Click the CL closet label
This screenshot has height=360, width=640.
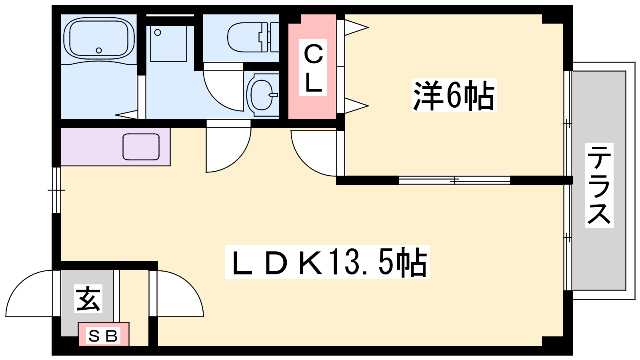pyautogui.click(x=313, y=68)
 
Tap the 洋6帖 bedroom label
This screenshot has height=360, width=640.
pyautogui.click(x=454, y=96)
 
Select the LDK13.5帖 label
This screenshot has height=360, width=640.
pyautogui.click(x=327, y=262)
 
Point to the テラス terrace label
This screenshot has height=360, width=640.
pyautogui.click(x=599, y=185)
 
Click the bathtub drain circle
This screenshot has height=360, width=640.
pyautogui.click(x=99, y=50)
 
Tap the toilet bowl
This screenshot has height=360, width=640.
pyautogui.click(x=248, y=38)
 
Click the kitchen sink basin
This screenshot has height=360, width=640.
pyautogui.click(x=141, y=147)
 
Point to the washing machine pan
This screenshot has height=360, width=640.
pyautogui.click(x=168, y=44)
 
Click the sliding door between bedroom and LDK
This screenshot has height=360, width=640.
pyautogui.click(x=454, y=180)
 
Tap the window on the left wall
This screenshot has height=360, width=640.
pyautogui.click(x=56, y=190)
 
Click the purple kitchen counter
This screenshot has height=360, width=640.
pyautogui.click(x=116, y=147)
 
